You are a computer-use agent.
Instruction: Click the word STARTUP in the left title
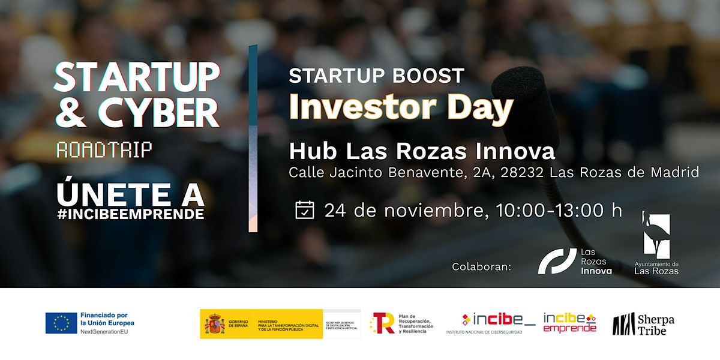tap(137, 77)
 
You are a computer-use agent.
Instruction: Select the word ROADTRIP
tap(104, 150)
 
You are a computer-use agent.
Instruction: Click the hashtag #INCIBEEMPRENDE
tap(131, 214)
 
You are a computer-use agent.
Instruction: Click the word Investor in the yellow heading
tap(353, 107)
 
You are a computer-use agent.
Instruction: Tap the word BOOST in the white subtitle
tap(426, 76)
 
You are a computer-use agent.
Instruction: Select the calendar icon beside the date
tap(305, 210)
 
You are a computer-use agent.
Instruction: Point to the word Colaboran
tap(482, 266)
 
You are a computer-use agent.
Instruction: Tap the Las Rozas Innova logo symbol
tap(557, 261)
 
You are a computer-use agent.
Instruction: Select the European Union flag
tap(61, 323)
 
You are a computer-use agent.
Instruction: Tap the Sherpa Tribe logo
tap(643, 324)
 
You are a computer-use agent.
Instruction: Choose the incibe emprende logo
tap(570, 323)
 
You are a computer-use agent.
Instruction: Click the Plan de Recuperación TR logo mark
tap(382, 323)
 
